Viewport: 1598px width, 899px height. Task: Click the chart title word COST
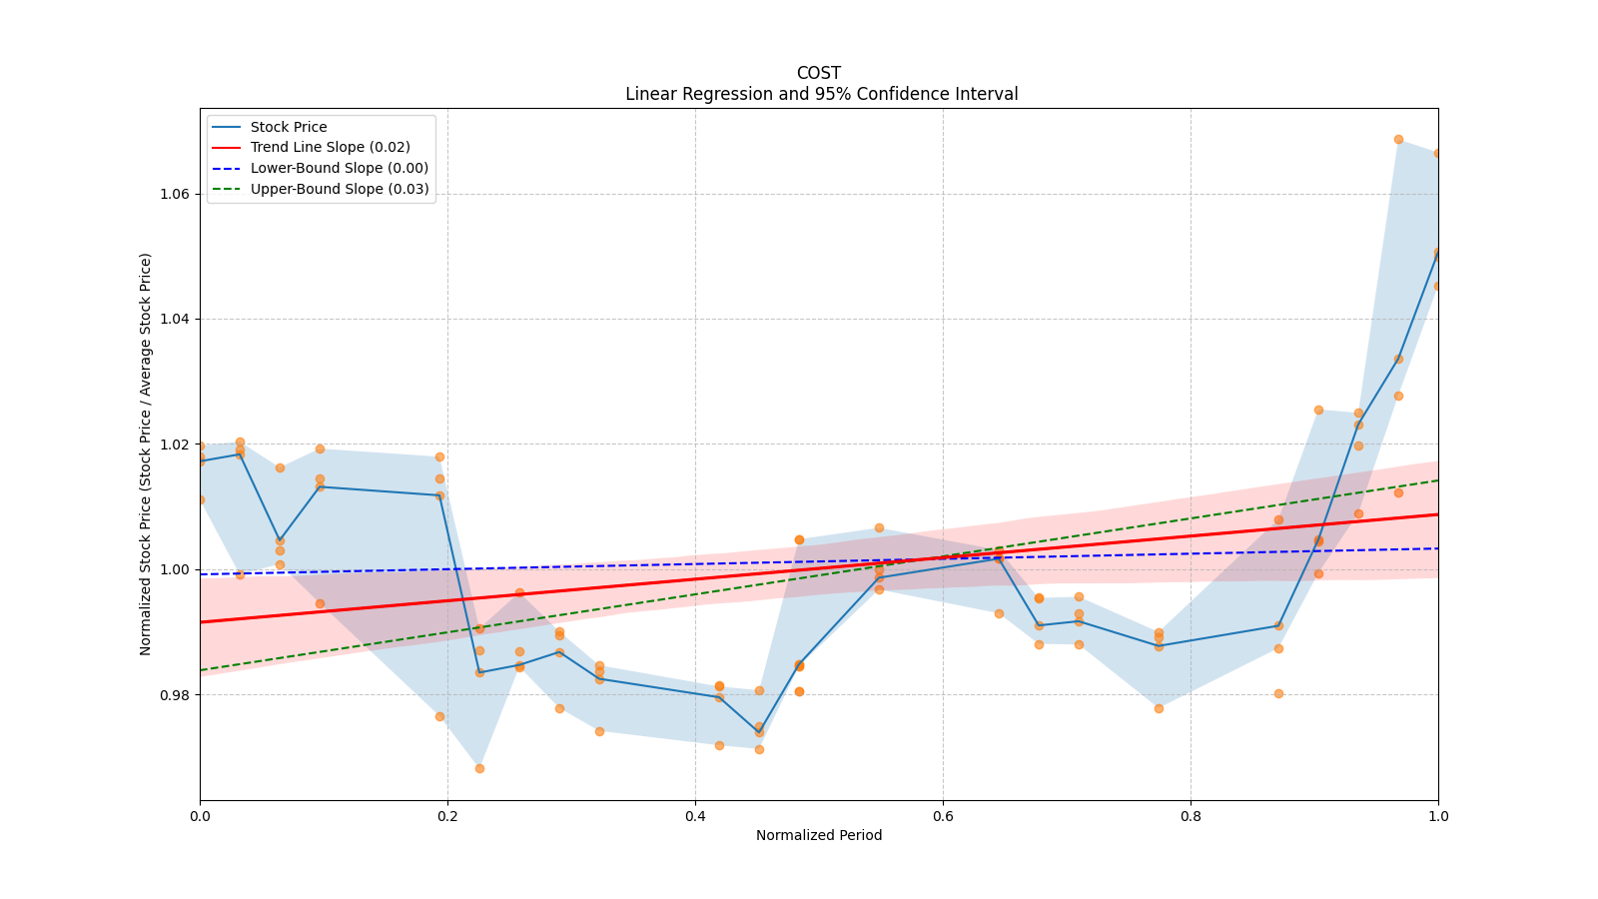click(x=818, y=73)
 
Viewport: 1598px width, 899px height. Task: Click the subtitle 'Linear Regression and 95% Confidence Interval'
click(x=821, y=94)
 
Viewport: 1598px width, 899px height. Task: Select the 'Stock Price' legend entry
click(x=288, y=127)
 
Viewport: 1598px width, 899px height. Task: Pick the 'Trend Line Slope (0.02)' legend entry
click(x=330, y=147)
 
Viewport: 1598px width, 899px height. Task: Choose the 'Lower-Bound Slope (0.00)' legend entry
click(x=339, y=168)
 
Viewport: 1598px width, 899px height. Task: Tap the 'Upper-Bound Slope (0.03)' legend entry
click(x=339, y=189)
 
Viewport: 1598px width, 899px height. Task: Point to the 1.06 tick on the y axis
click(x=175, y=194)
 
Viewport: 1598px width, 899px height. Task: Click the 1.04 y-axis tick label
click(x=175, y=319)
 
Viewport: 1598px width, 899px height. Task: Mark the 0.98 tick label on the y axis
click(x=175, y=695)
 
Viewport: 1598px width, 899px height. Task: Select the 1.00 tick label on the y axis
click(x=175, y=569)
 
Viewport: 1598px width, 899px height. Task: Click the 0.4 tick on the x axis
click(x=695, y=816)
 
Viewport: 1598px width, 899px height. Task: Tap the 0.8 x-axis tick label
click(x=1191, y=816)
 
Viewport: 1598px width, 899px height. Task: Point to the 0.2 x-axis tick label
click(x=447, y=816)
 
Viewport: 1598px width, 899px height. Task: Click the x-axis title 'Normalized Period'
click(x=819, y=835)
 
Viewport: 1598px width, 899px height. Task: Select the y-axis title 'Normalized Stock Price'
click(x=146, y=453)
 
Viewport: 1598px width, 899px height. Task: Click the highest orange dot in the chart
click(x=1398, y=139)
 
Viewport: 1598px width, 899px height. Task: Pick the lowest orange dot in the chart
click(x=479, y=768)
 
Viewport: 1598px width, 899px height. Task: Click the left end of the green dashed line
click(x=200, y=670)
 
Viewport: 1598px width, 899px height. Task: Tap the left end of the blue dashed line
click(x=200, y=574)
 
